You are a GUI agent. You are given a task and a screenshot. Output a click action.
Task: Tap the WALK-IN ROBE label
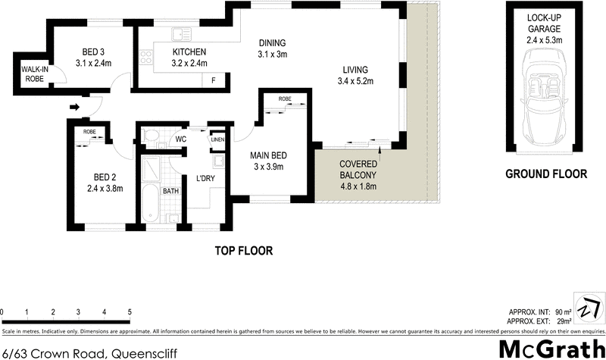click(33, 74)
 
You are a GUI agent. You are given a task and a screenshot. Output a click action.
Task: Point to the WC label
click(181, 139)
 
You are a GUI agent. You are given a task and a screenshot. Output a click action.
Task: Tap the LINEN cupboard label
click(218, 139)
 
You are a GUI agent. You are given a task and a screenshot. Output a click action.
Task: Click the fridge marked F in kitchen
click(214, 80)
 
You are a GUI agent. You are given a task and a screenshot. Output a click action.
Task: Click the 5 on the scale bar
click(130, 311)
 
